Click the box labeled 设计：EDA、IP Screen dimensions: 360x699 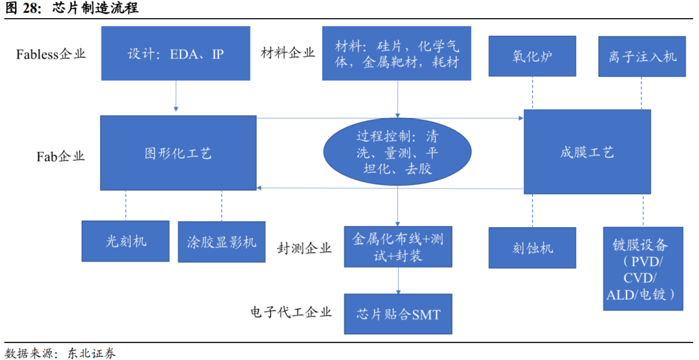click(x=175, y=53)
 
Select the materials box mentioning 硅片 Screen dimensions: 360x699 click(x=397, y=53)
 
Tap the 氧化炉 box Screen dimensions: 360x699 click(x=532, y=56)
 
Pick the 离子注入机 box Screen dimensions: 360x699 click(x=642, y=56)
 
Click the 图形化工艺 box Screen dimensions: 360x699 click(x=178, y=153)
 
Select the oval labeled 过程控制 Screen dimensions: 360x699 click(x=397, y=153)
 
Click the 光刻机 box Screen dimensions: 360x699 click(x=126, y=241)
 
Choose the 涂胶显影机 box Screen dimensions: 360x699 click(x=221, y=242)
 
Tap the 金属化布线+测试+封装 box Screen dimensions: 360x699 click(x=397, y=247)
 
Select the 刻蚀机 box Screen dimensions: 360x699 click(x=532, y=247)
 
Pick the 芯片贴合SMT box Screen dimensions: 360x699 click(x=397, y=314)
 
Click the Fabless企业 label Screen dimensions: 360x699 click(x=50, y=54)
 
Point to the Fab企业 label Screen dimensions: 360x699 click(x=60, y=156)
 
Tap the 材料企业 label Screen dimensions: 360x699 click(x=287, y=52)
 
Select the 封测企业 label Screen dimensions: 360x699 click(x=304, y=248)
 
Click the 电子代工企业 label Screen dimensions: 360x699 click(x=291, y=312)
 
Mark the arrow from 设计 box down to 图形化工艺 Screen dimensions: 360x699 click(x=175, y=97)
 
